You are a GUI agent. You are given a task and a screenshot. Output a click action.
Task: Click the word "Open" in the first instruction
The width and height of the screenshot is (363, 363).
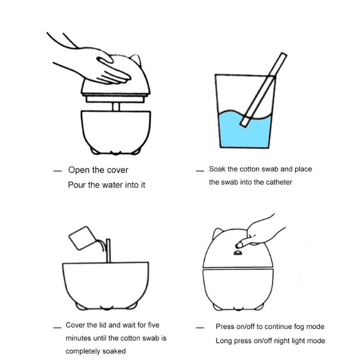pyautogui.click(x=78, y=170)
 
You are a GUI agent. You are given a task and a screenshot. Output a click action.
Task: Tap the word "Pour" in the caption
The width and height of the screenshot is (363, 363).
pyautogui.click(x=77, y=185)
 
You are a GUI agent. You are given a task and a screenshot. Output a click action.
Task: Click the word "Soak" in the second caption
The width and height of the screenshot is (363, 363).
pyautogui.click(x=217, y=169)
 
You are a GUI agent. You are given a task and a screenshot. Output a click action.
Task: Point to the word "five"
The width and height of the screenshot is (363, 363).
pyautogui.click(x=154, y=325)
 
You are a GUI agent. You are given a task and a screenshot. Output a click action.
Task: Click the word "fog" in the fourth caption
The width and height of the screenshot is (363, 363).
pyautogui.click(x=299, y=327)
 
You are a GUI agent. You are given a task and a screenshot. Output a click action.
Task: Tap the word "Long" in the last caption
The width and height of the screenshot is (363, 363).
pyautogui.click(x=224, y=341)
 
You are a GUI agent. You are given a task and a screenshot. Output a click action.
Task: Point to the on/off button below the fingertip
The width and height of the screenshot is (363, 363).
pyautogui.click(x=238, y=253)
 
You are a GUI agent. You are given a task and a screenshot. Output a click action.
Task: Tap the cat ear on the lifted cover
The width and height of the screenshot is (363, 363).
pyautogui.click(x=136, y=59)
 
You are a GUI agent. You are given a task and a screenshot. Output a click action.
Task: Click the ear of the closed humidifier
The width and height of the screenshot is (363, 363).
pyautogui.click(x=217, y=233)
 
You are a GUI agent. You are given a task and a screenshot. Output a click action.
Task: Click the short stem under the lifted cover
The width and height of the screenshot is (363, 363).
pyautogui.click(x=116, y=107)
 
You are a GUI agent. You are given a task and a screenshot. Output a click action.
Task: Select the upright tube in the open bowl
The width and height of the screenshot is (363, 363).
pyautogui.click(x=108, y=251)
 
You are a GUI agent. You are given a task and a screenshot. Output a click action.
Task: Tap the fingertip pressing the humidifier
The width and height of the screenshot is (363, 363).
pyautogui.click(x=239, y=245)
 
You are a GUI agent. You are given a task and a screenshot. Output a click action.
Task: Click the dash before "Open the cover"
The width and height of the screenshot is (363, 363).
pyautogui.click(x=58, y=171)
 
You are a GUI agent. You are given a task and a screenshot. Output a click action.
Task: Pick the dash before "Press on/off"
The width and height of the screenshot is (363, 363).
pyautogui.click(x=200, y=328)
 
